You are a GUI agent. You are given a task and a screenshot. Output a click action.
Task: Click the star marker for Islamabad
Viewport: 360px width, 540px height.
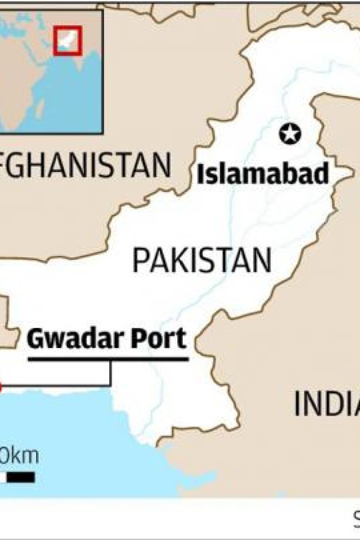click(290, 134)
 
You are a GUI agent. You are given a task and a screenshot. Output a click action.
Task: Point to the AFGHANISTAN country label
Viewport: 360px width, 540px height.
click(85, 166)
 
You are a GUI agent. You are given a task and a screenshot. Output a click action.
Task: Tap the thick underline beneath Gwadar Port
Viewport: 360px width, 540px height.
click(108, 359)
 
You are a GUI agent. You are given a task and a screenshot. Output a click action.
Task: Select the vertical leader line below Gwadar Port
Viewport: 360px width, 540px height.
click(110, 373)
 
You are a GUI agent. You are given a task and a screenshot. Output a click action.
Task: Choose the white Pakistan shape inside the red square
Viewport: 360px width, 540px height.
click(67, 40)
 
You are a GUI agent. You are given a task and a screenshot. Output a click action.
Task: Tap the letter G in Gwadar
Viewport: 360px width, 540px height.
click(36, 339)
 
